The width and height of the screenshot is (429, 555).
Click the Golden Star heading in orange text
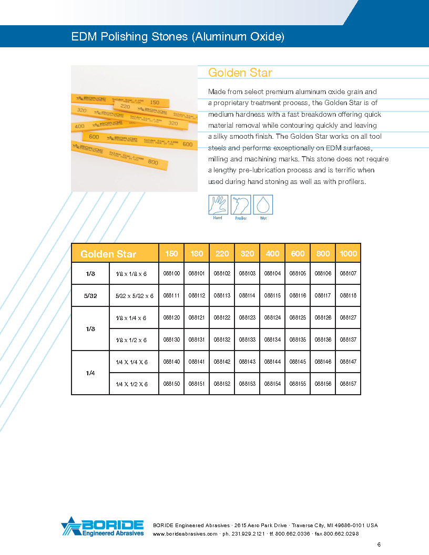click(x=240, y=73)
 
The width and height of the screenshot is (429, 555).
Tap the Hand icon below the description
click(x=218, y=205)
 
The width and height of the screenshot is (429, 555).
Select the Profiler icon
click(x=241, y=205)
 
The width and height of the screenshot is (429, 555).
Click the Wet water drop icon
click(x=263, y=205)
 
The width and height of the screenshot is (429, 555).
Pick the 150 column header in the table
click(x=171, y=253)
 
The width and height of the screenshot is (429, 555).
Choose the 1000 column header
click(x=348, y=253)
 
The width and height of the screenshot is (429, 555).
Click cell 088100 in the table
click(x=171, y=273)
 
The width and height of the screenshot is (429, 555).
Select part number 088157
click(x=348, y=384)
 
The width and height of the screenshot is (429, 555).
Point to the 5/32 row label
click(x=90, y=295)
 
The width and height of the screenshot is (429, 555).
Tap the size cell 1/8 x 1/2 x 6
click(x=131, y=340)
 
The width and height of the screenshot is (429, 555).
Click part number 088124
click(x=272, y=317)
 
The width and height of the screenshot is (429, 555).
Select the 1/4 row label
click(x=90, y=373)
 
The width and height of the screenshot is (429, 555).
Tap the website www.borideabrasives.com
click(x=185, y=533)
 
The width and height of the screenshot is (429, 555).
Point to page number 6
click(x=379, y=544)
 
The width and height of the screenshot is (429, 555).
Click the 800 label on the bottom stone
click(x=153, y=162)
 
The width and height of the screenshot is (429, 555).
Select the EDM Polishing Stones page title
click(x=178, y=37)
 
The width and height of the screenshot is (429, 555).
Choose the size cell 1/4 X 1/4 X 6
click(x=131, y=362)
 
